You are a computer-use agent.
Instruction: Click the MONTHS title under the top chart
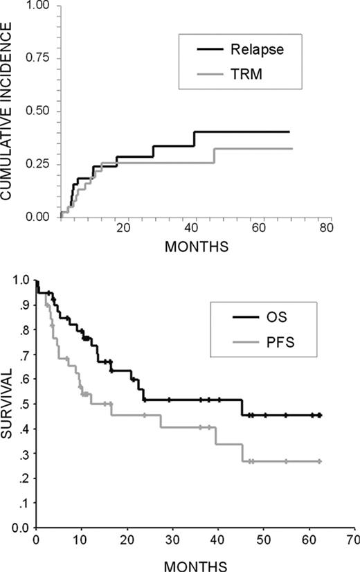(193, 245)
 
